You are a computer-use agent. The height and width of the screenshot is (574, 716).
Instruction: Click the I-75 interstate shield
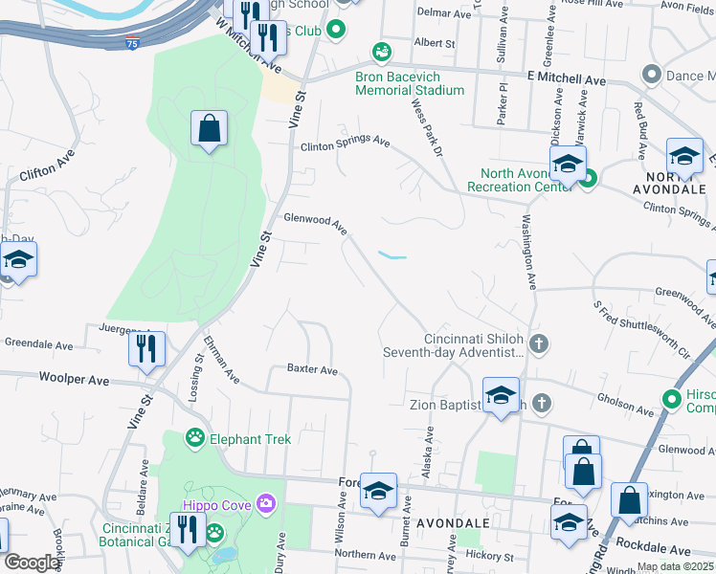coord(131,43)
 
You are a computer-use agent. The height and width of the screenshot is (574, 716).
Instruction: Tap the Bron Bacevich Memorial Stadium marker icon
coord(382,52)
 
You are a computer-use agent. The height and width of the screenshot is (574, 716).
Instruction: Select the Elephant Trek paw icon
coord(195,438)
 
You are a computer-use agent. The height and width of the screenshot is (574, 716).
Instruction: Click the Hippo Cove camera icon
coord(265,503)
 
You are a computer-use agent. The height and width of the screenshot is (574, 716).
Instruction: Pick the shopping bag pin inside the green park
coord(209,129)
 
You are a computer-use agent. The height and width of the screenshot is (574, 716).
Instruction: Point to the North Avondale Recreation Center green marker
coord(588,177)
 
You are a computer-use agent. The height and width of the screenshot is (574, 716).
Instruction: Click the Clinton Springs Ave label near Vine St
coord(345,143)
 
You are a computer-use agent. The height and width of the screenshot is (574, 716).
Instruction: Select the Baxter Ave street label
coord(312,369)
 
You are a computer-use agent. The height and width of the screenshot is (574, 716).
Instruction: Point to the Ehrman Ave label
coord(219,358)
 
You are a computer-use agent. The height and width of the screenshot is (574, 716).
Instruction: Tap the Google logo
coord(31,563)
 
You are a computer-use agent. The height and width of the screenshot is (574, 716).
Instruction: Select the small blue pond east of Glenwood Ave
coord(392,255)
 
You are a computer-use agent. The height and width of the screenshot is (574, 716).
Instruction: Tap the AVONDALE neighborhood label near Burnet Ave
coord(453,523)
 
